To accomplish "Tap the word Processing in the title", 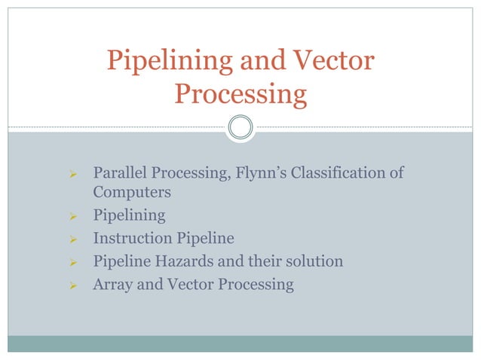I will [x=240, y=95].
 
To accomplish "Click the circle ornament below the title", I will [x=240, y=127].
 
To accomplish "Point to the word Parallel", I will [x=119, y=174].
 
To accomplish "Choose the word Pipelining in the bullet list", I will [x=129, y=215].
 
